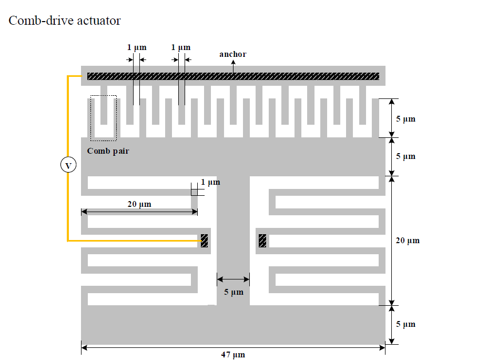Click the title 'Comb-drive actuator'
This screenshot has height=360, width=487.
click(x=65, y=21)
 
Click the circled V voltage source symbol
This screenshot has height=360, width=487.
click(x=68, y=165)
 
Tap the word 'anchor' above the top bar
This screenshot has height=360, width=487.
click(x=232, y=54)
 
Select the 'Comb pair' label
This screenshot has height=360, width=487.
click(x=108, y=151)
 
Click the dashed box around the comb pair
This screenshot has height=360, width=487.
click(x=103, y=118)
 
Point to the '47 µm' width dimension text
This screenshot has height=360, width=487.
click(x=232, y=355)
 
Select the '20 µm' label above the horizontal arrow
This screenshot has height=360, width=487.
click(x=139, y=204)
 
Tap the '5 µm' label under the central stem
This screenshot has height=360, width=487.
click(x=234, y=292)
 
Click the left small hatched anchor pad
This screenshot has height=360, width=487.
click(x=204, y=241)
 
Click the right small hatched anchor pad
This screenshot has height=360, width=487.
click(x=262, y=241)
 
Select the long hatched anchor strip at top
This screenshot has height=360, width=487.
click(x=232, y=76)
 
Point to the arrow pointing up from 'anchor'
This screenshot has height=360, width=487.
click(x=234, y=65)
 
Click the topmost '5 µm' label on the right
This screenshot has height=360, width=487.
click(x=405, y=119)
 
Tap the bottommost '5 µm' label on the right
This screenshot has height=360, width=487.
click(x=405, y=324)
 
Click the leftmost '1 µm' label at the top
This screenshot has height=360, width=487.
click(x=137, y=47)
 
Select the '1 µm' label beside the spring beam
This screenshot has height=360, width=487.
click(x=210, y=182)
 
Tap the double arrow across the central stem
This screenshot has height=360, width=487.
click(x=233, y=279)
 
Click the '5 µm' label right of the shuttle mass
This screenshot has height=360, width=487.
click(x=405, y=156)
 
